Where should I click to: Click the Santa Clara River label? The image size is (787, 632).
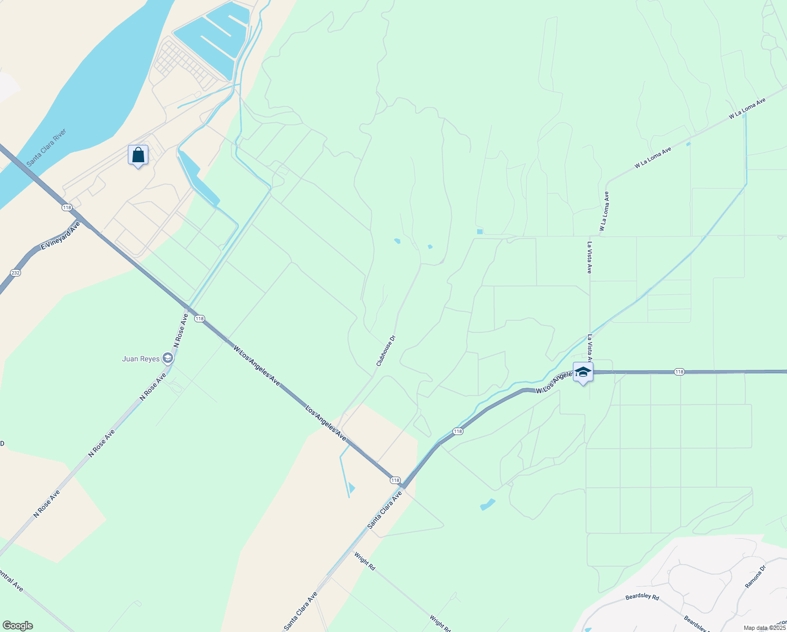point(47,147)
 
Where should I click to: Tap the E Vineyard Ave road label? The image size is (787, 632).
point(60,235)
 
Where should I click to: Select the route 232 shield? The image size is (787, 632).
point(15,272)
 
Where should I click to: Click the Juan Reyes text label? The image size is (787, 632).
point(140,359)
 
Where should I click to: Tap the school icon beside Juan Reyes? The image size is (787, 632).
point(168,359)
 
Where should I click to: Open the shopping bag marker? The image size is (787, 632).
point(138,155)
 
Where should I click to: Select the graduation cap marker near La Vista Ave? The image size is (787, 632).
point(583,372)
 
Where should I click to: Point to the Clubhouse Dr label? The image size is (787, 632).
point(386,351)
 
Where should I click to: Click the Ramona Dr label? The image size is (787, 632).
point(755,576)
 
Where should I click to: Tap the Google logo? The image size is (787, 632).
point(17,626)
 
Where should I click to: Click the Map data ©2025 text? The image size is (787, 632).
point(764,628)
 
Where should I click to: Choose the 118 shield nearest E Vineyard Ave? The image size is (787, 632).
point(67,208)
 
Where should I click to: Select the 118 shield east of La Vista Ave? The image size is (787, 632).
point(679,372)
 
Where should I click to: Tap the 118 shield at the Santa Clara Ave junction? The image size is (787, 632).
point(395,480)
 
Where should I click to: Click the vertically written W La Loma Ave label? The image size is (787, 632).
point(604,211)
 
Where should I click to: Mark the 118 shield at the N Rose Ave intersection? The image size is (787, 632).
point(199,319)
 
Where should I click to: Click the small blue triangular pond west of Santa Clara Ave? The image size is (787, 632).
point(351,488)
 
